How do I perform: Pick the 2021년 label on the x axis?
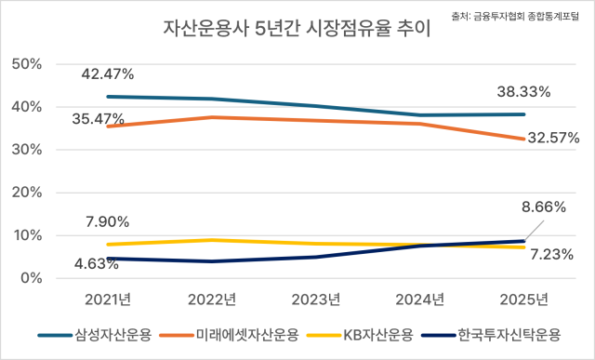[x=108, y=300]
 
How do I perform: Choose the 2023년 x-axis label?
[x=316, y=300]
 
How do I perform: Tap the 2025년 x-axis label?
[x=523, y=300]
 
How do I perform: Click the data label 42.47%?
[x=108, y=73]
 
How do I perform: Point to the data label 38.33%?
[x=523, y=91]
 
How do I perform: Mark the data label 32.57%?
[x=552, y=138]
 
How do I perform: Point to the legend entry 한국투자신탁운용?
[x=506, y=333]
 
